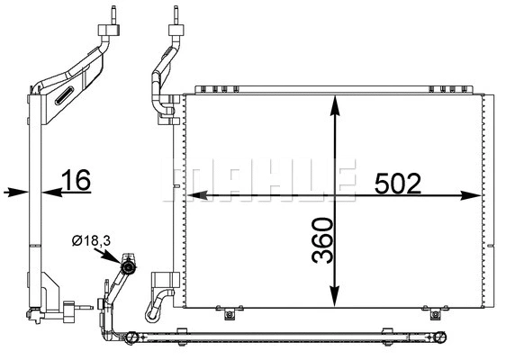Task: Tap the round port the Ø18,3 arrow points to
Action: (129, 266)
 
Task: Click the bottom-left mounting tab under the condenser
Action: (230, 314)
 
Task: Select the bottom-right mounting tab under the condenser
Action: (436, 314)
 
